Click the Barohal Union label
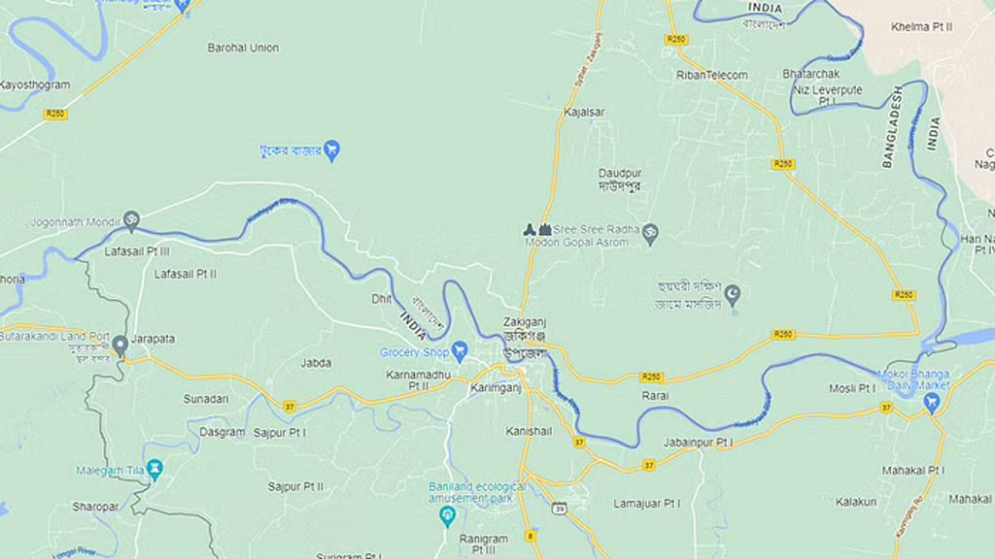(x=243, y=48)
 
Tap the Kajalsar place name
(x=584, y=112)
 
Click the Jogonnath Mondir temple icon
(x=131, y=220)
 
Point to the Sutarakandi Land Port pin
(x=120, y=345)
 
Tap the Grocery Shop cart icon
(x=461, y=351)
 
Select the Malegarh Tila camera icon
(x=154, y=471)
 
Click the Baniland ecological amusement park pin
(x=447, y=515)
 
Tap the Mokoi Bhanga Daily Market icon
(x=934, y=403)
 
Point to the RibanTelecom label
(x=712, y=75)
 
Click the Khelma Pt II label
(x=922, y=27)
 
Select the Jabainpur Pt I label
(x=698, y=443)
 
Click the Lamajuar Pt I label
(x=646, y=504)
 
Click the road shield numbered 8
(x=530, y=536)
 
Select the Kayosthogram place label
(x=35, y=85)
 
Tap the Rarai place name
(x=655, y=396)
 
